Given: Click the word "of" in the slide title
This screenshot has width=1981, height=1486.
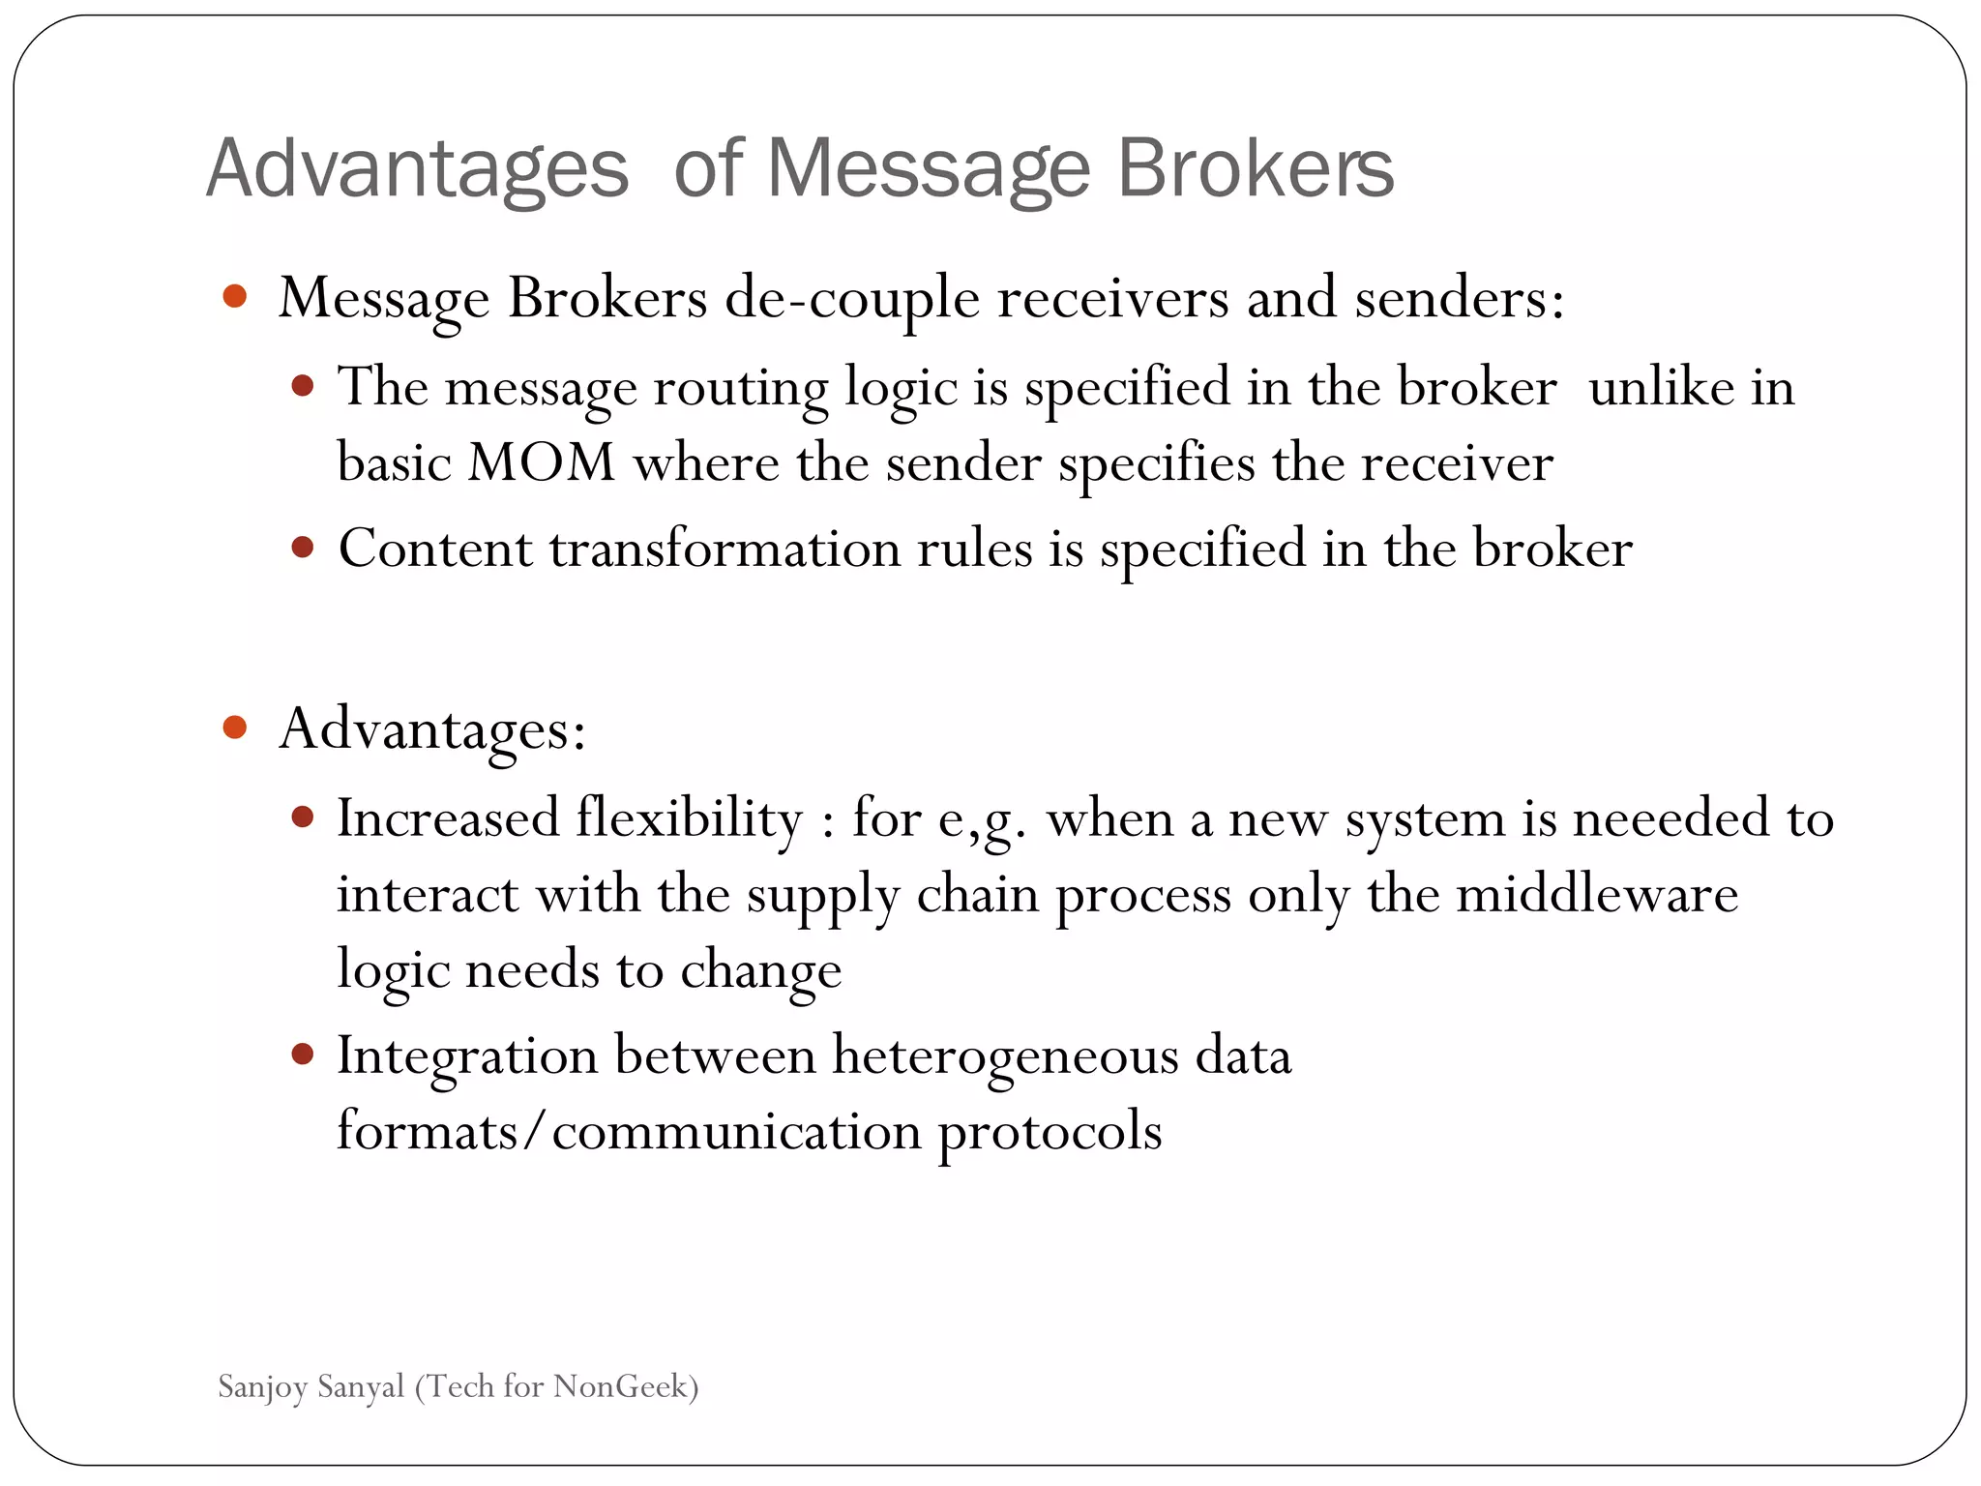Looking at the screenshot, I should coord(707,169).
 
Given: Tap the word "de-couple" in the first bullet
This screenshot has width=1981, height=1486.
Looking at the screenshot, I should coord(852,298).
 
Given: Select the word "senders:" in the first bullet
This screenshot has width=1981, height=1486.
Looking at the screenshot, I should coord(1460,298).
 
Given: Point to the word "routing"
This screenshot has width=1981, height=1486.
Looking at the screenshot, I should coord(740,388).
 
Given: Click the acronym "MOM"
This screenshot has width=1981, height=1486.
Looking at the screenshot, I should coord(542,462).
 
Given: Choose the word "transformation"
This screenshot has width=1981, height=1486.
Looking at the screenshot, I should coord(725,549).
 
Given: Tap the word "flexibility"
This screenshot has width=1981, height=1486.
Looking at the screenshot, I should coord(690,818).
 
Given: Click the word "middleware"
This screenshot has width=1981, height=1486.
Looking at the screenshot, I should coord(1597,893).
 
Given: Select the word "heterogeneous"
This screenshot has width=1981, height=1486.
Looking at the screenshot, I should coord(1005,1055).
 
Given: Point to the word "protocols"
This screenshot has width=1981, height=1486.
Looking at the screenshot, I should coord(1050,1131).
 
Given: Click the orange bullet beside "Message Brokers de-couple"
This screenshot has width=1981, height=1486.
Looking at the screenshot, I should coord(235,296).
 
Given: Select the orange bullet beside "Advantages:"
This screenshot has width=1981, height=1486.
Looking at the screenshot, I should coord(235,727).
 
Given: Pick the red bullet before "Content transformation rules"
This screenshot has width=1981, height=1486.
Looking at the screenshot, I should coord(303,549).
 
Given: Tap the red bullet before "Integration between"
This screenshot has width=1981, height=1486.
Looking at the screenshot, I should coord(303,1055).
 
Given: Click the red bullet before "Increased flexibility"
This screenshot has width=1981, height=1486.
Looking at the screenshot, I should coord(303,818).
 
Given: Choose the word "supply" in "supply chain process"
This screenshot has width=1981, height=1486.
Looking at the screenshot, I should coord(823,895).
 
